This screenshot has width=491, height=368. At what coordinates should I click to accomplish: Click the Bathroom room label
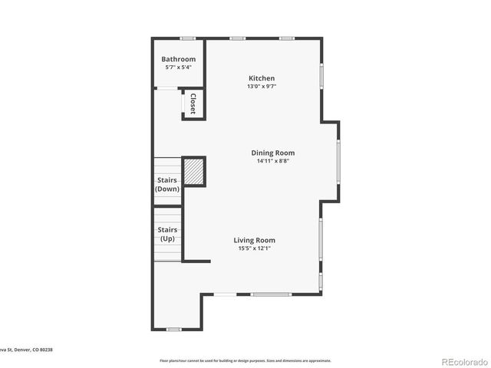[x=178, y=59]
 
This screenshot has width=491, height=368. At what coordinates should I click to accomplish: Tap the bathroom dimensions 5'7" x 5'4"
[x=178, y=67]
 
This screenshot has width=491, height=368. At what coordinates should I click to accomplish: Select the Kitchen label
[x=261, y=78]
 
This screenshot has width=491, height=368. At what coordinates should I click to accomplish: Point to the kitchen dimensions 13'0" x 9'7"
[x=261, y=87]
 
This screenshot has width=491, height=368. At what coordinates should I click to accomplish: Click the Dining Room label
[x=272, y=153]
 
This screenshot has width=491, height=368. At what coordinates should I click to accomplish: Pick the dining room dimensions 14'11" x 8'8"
[x=272, y=161]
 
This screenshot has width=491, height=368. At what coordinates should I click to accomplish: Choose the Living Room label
[x=255, y=240]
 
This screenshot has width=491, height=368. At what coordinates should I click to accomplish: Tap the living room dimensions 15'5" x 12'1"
[x=255, y=248]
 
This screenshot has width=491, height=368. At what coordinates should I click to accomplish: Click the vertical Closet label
[x=193, y=103]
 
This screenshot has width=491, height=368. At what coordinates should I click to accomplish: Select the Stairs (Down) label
[x=167, y=184]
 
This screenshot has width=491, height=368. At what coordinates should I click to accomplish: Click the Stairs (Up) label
[x=167, y=234]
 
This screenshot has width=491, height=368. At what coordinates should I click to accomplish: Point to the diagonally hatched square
[x=194, y=171]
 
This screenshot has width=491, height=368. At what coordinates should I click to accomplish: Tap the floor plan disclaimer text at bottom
[x=245, y=360]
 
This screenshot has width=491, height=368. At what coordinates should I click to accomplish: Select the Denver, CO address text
[x=27, y=350]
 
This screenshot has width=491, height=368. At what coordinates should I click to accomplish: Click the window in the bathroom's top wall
[x=187, y=38]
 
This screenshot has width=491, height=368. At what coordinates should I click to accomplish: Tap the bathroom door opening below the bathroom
[x=166, y=89]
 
